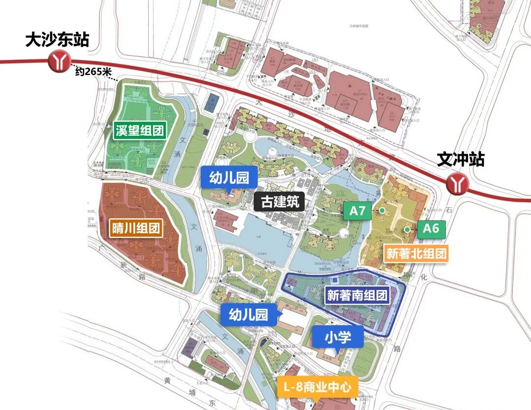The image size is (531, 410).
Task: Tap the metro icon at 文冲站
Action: [x=457, y=184]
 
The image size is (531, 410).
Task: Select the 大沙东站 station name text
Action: [x=57, y=40]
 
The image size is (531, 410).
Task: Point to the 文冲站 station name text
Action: [x=461, y=159]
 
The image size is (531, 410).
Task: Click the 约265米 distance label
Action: [x=93, y=71]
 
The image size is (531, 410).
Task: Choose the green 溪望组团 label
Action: [x=139, y=130]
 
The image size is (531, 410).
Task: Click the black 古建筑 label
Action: [x=280, y=202]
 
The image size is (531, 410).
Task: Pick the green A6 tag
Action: [x=431, y=228]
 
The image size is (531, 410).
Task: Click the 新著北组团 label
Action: [x=416, y=254]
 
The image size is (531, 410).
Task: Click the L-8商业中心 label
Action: [x=317, y=387]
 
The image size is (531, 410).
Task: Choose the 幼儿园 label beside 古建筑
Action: [x=229, y=176]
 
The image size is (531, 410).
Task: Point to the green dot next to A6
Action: [x=407, y=230]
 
